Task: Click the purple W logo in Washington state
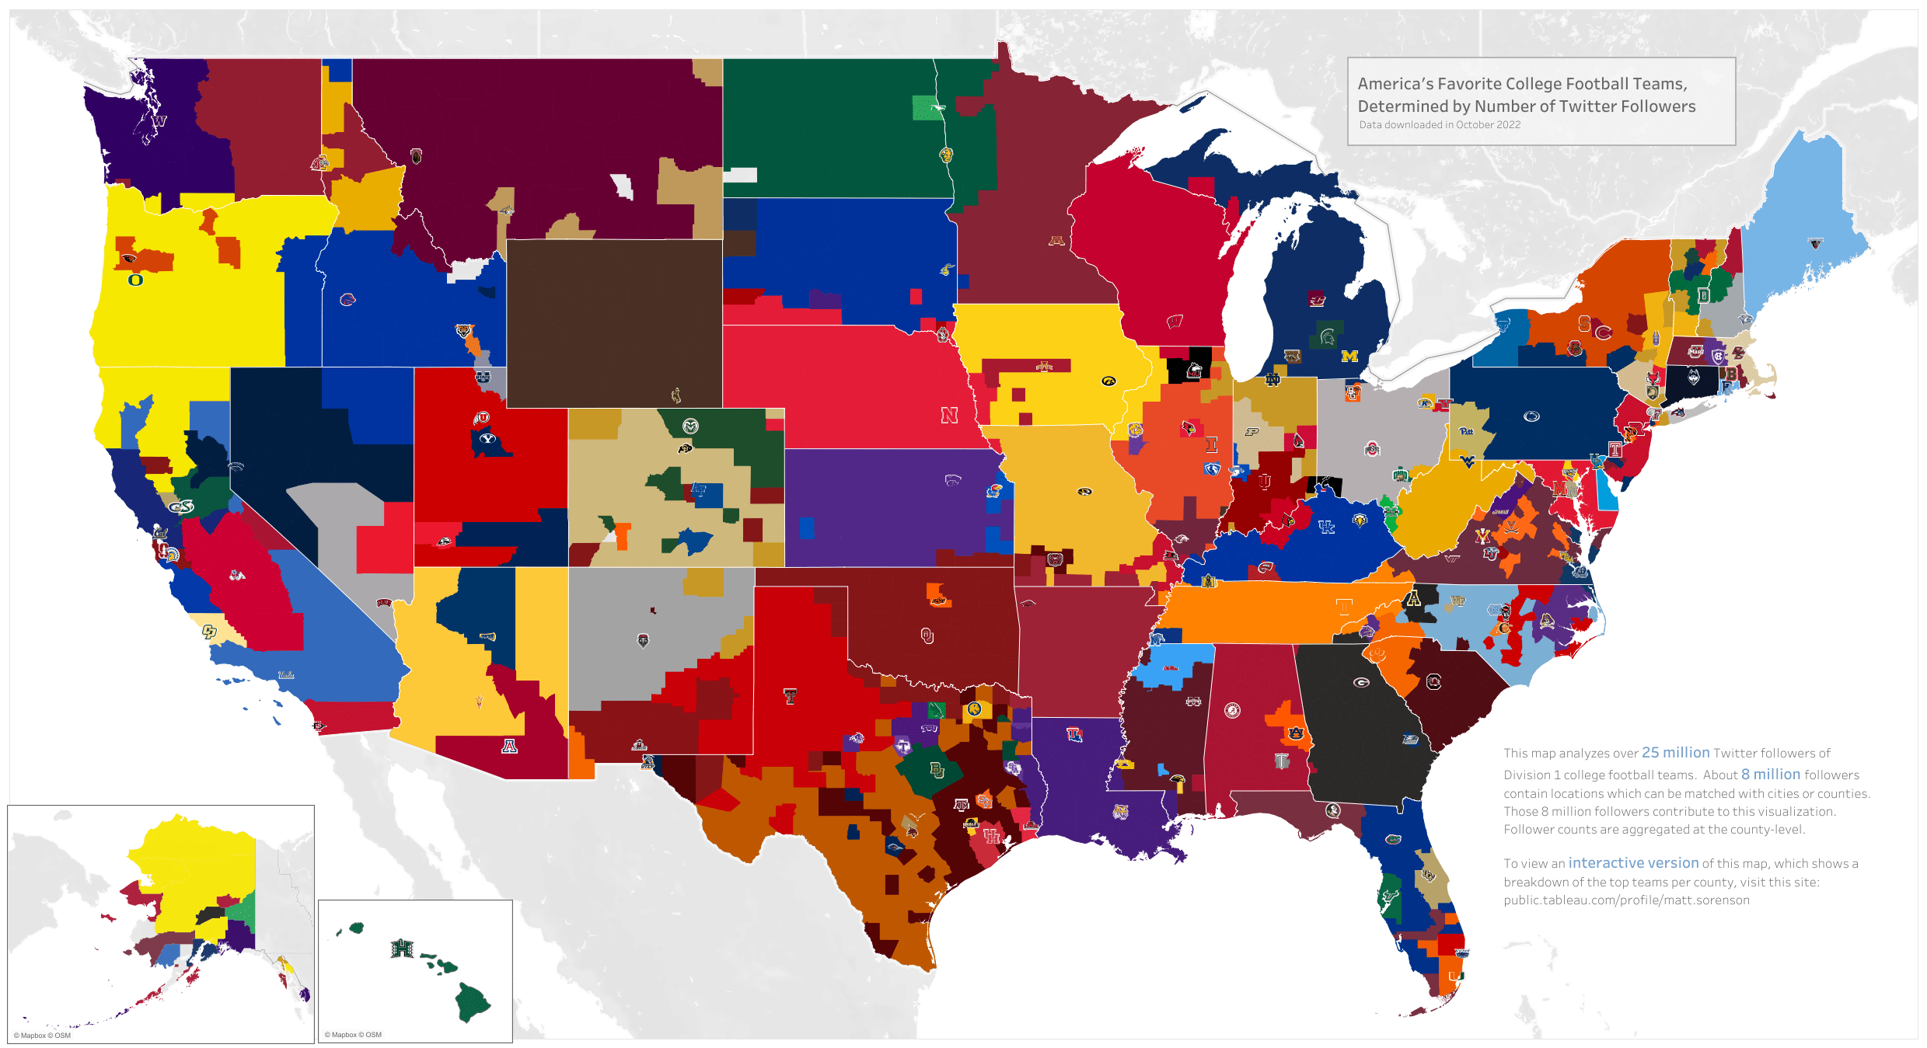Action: (x=159, y=121)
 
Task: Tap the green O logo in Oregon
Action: (x=135, y=280)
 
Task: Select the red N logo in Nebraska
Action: (x=949, y=416)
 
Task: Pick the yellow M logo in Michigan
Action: (x=1349, y=357)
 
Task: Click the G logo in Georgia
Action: (x=1361, y=682)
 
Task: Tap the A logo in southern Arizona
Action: (x=509, y=747)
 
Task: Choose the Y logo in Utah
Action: (x=487, y=439)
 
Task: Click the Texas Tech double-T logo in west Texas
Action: (x=790, y=696)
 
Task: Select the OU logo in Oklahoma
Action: (x=927, y=636)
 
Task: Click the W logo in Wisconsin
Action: (x=1175, y=321)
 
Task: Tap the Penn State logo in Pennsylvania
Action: (x=1531, y=416)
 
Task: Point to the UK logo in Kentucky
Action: (x=1326, y=527)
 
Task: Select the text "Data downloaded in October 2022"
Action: (x=1440, y=125)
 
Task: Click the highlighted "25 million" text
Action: (x=1675, y=753)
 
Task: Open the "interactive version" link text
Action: (x=1633, y=863)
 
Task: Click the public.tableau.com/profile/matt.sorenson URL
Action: (x=1626, y=900)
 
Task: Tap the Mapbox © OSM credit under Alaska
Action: (x=42, y=1036)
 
